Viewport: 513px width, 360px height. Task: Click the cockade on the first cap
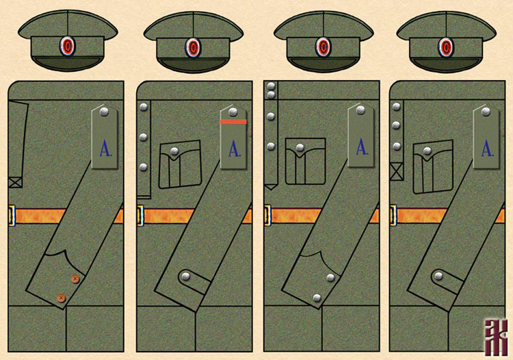(67, 47)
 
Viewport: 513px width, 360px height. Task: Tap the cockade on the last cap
(446, 47)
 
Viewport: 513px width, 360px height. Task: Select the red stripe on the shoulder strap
(233, 122)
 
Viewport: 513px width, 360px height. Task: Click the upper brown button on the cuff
(75, 279)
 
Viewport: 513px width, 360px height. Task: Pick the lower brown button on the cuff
(61, 298)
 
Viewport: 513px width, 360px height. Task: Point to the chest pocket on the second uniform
(180, 164)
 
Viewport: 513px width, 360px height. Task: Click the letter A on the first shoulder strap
(105, 147)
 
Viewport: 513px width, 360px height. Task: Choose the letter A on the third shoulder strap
(362, 146)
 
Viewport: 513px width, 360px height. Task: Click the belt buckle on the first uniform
(12, 215)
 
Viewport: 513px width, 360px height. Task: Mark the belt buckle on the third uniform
(267, 215)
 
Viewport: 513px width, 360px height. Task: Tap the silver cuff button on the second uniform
(186, 277)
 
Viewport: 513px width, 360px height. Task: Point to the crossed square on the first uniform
(15, 182)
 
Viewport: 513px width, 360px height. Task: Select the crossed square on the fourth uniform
(396, 170)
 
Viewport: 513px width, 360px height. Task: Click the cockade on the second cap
(194, 47)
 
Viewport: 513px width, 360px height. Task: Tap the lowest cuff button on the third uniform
(317, 296)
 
